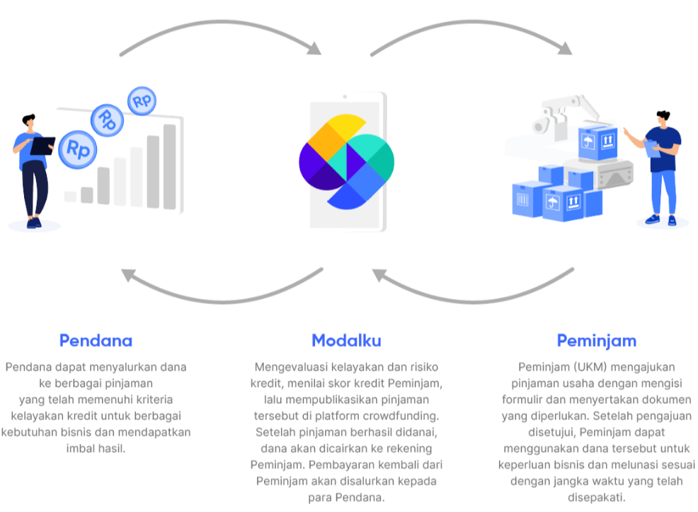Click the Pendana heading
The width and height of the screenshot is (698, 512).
[96, 340]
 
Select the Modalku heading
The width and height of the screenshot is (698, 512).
[346, 340]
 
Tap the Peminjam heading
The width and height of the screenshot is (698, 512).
[596, 340]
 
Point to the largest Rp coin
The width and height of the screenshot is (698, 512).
[78, 149]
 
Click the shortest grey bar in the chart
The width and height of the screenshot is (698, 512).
[71, 197]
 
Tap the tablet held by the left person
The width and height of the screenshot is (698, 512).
[43, 145]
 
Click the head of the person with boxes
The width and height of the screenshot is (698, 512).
[663, 118]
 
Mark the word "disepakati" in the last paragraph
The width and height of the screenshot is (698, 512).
[596, 497]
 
